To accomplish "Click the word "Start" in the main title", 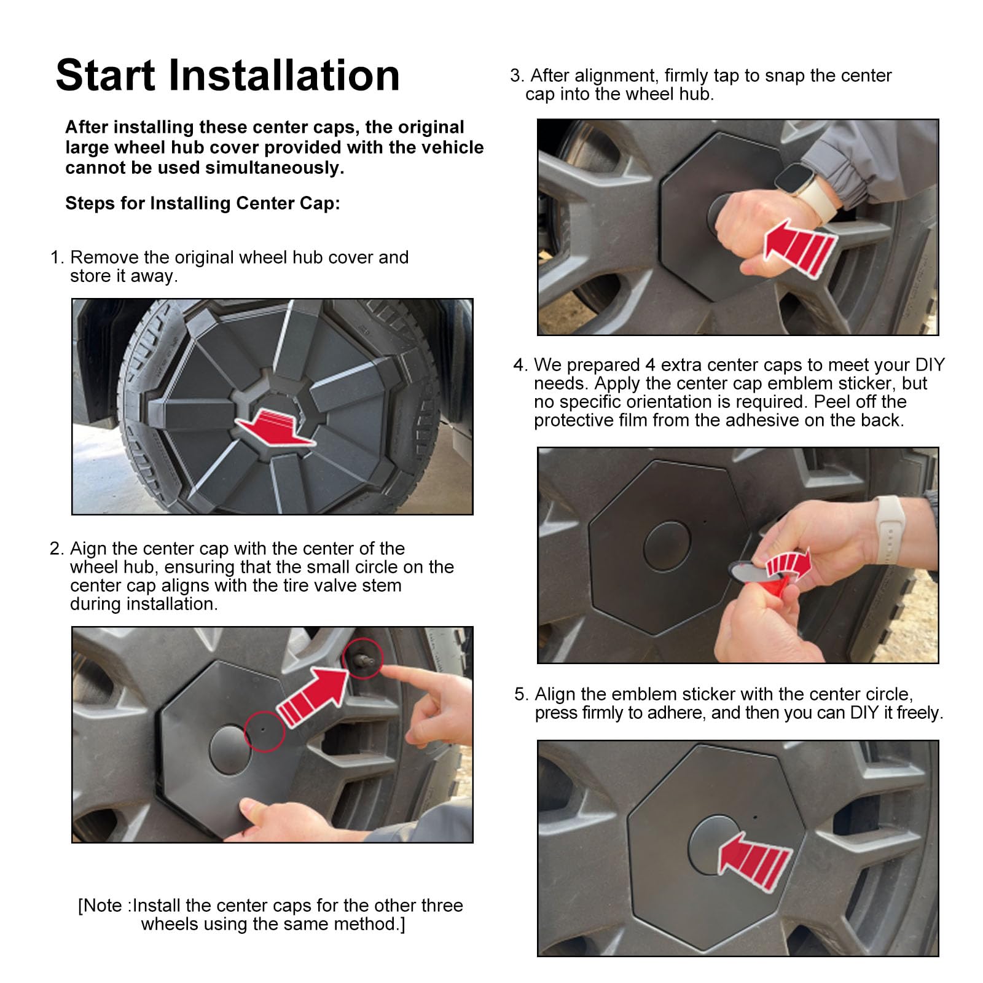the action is pos(106,76).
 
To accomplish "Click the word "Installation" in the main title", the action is pos(284,76).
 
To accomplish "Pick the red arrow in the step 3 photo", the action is pos(800,247).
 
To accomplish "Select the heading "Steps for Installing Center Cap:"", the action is pos(203,203).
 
